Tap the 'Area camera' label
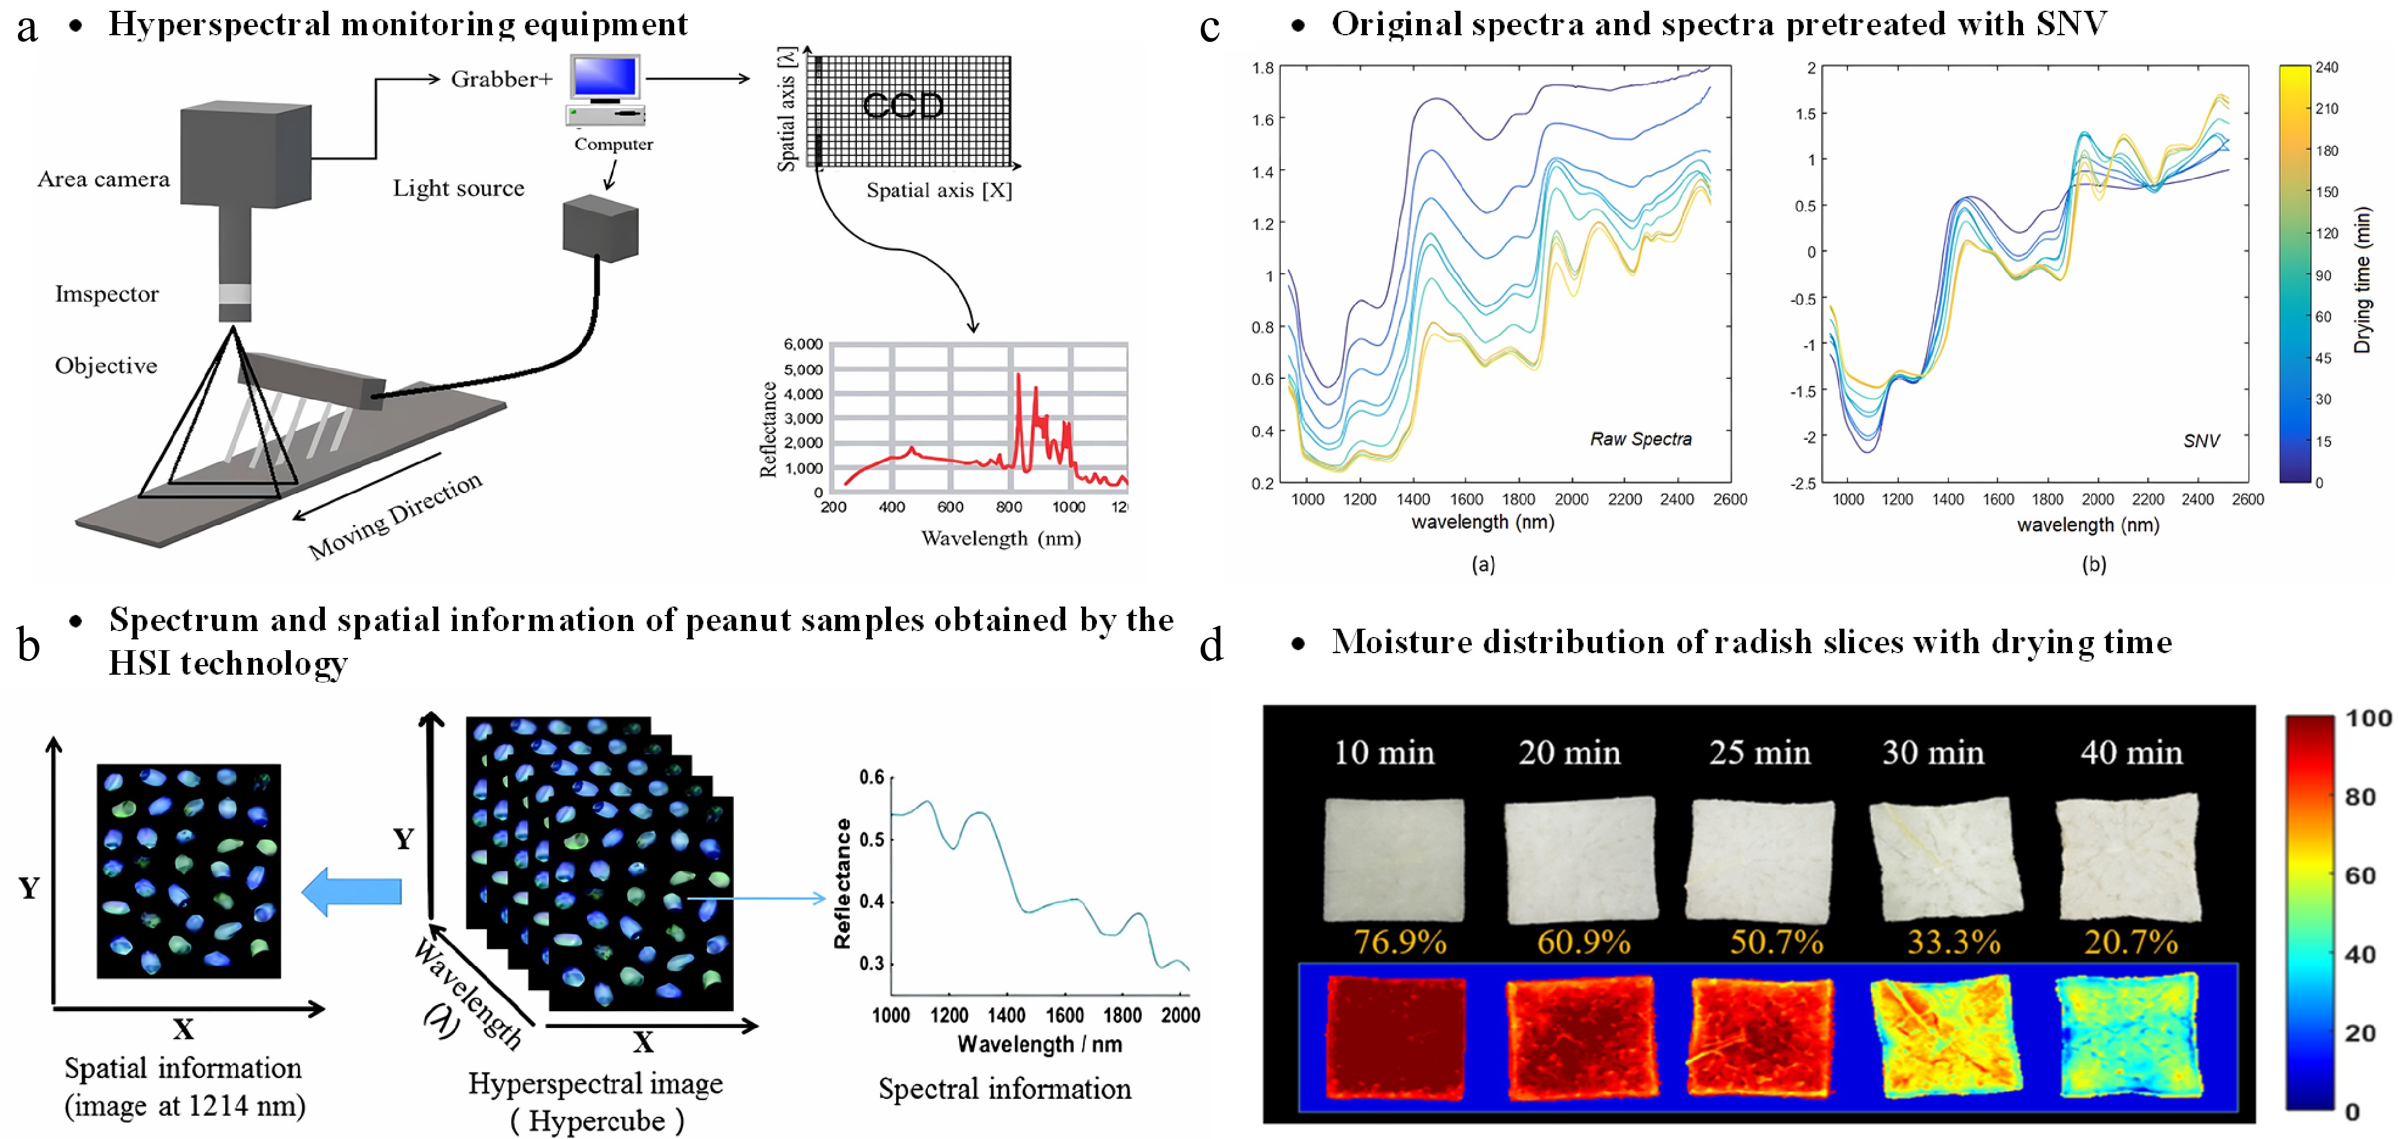point(103,179)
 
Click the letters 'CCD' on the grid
point(902,105)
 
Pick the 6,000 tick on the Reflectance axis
point(803,344)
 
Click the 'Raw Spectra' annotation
point(1640,439)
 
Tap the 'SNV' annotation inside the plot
point(2200,440)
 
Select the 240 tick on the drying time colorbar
point(2326,67)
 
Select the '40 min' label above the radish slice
point(2131,752)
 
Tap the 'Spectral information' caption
point(1004,1089)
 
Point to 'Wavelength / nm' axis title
point(1039,1044)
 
